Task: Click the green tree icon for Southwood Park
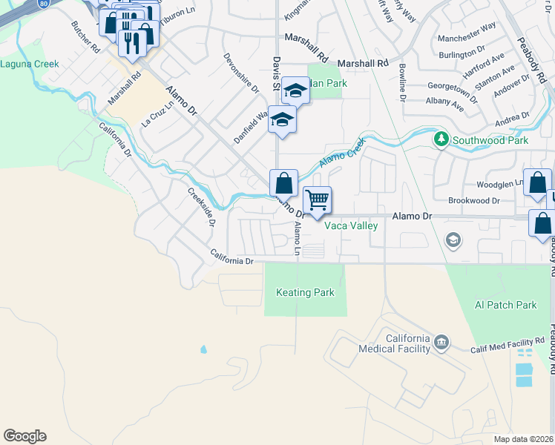(441, 139)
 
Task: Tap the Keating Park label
(305, 293)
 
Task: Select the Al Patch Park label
(505, 305)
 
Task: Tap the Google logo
(24, 436)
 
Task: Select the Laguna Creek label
(29, 65)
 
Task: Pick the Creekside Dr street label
(201, 207)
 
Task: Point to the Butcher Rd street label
(85, 36)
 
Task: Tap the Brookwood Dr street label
(474, 201)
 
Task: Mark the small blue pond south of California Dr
(203, 349)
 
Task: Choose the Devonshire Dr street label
(241, 73)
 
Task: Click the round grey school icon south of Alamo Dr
(453, 240)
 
